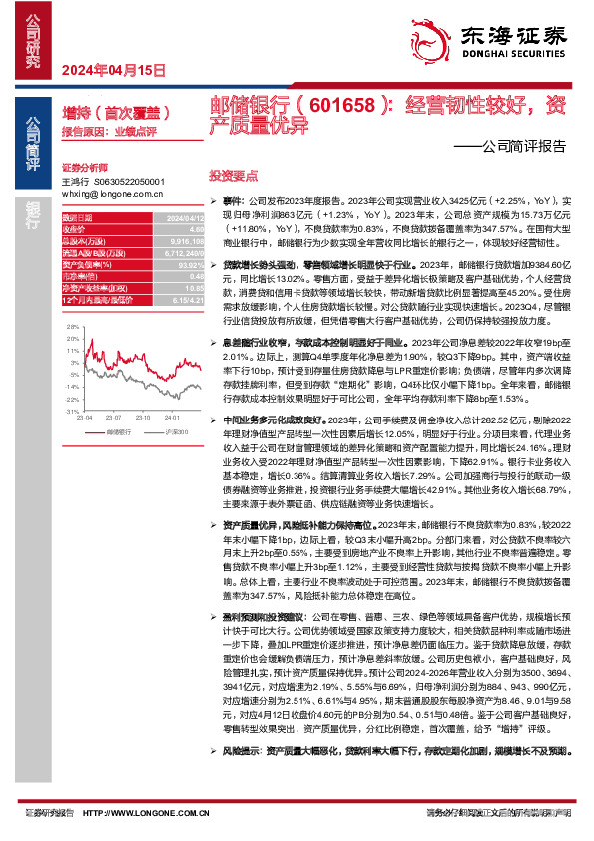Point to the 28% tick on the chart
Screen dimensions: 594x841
[x=72, y=326]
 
